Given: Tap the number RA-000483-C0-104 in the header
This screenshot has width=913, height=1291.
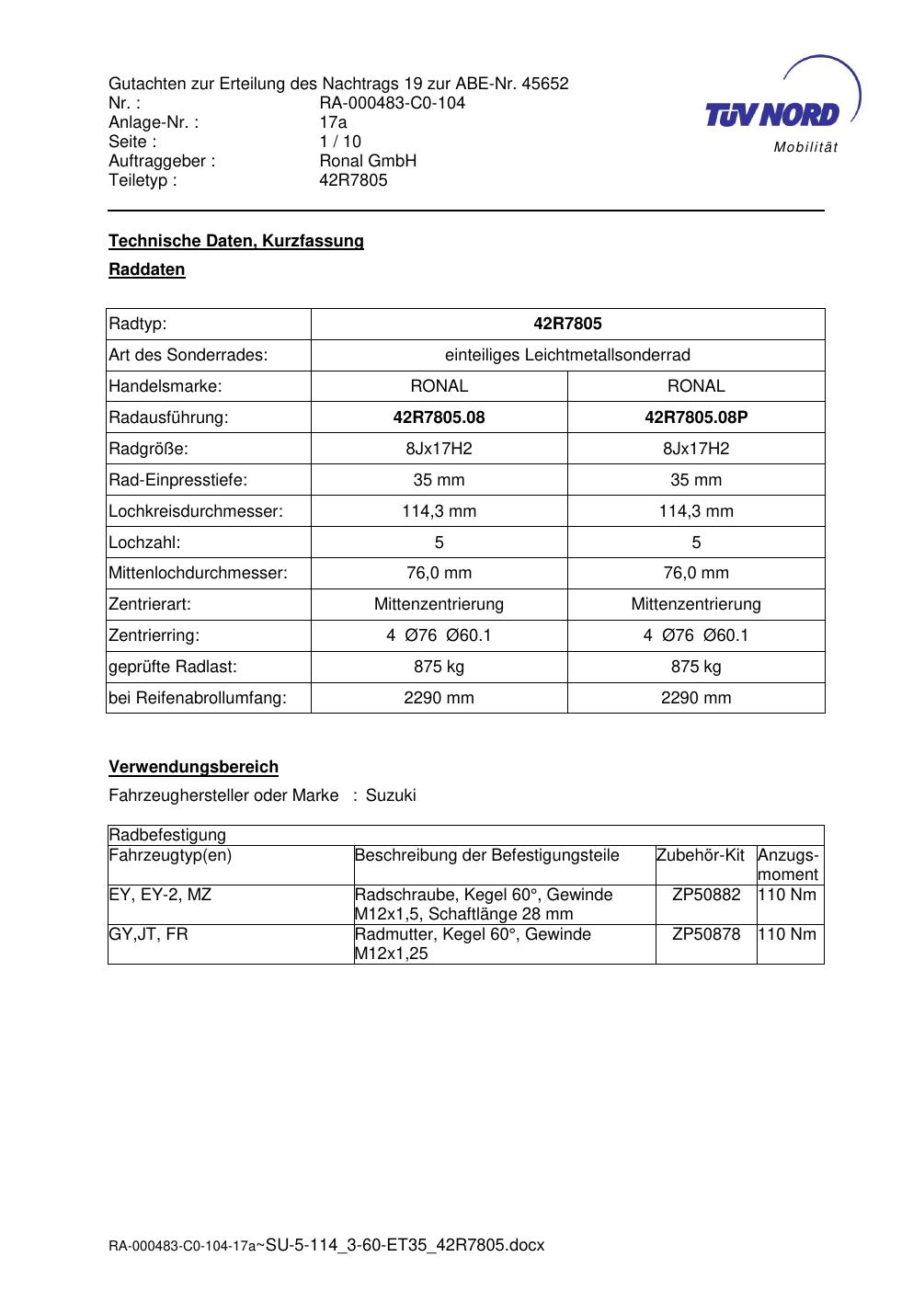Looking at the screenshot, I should point(392,103).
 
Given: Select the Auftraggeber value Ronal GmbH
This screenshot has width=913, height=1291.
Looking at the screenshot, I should point(368,161).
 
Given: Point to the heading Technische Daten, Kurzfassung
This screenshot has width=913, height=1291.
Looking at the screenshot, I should point(236,241).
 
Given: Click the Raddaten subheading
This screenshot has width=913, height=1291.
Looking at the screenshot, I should point(147,269).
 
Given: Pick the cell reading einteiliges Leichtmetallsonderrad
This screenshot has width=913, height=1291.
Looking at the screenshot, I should point(567,355).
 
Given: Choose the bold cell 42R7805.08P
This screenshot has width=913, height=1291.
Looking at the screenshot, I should point(696,417).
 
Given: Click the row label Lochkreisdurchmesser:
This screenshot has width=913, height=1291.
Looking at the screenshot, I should point(196,511).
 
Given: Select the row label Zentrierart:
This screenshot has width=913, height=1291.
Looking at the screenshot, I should point(150,604).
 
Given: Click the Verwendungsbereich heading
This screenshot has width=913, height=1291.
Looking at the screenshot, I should point(193,767).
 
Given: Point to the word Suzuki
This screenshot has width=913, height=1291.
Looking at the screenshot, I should point(391,795).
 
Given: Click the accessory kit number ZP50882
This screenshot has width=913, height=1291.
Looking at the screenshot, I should point(706,895).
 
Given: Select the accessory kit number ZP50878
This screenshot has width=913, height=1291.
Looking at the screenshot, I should point(706,934).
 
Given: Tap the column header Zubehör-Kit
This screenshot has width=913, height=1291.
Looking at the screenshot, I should point(701,855).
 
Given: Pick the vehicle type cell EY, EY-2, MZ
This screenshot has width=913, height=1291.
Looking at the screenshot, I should point(160,895).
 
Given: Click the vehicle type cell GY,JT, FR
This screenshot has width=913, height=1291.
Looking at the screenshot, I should point(148,934).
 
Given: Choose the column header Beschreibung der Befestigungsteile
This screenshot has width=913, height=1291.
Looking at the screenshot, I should point(487,855).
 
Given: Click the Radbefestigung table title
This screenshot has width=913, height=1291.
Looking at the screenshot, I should point(167,835).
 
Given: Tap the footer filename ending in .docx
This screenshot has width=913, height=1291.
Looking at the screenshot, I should point(405,1245).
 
